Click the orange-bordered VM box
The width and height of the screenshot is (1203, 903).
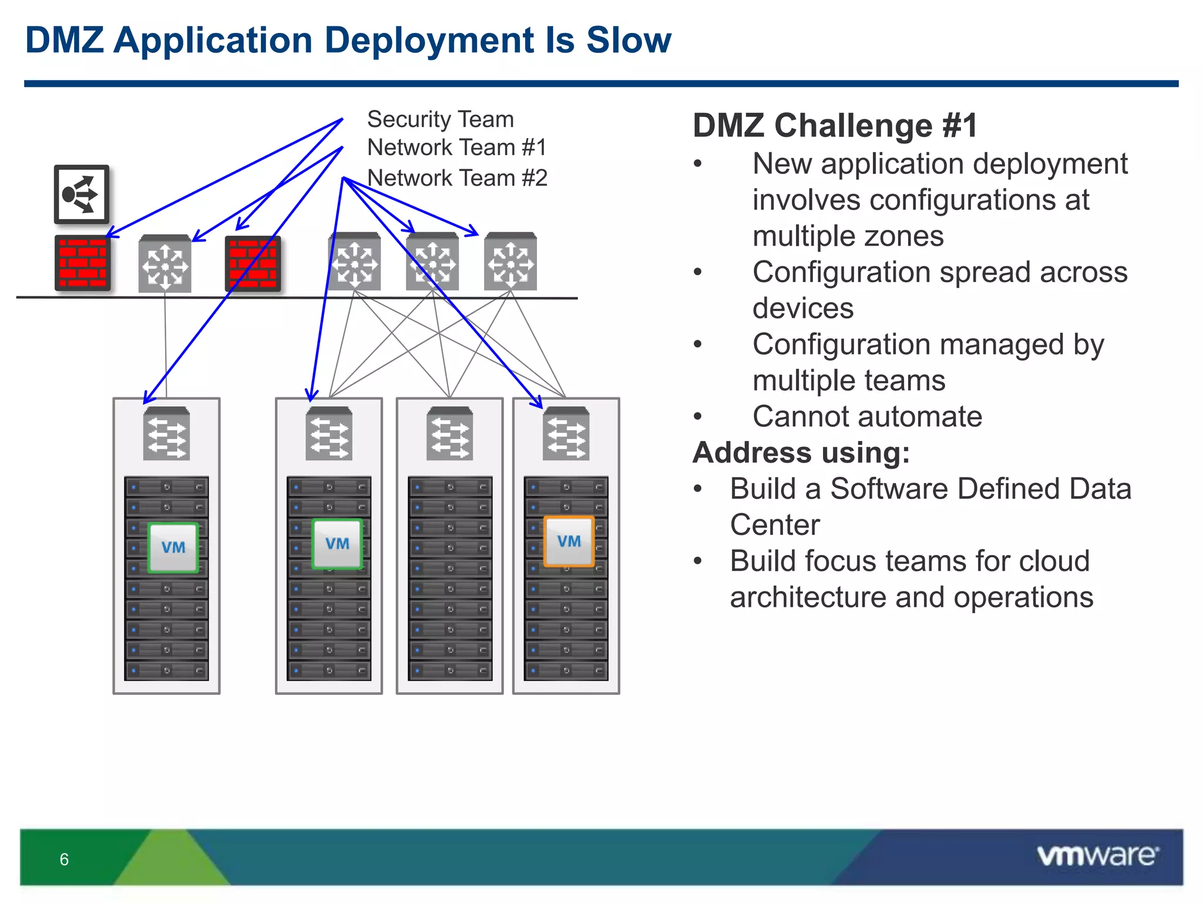click(569, 541)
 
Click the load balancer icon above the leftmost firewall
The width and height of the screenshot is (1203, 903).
click(82, 195)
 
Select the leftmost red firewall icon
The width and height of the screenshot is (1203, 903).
click(82, 263)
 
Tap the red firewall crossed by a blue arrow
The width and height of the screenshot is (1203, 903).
click(253, 263)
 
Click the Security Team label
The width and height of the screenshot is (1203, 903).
click(440, 119)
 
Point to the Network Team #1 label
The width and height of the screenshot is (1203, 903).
click(456, 148)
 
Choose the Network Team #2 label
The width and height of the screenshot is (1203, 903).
click(456, 178)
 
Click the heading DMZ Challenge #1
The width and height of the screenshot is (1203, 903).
click(835, 125)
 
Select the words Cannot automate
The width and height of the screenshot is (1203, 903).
click(867, 416)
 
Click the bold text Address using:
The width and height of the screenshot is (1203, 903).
click(801, 453)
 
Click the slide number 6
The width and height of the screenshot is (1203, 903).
click(64, 859)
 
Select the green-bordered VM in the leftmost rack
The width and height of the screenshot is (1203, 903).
click(173, 547)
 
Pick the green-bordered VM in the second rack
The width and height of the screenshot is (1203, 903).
click(337, 544)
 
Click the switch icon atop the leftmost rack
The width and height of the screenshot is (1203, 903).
click(166, 434)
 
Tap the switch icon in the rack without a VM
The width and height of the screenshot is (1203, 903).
click(450, 434)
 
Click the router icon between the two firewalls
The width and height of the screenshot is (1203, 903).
click(165, 264)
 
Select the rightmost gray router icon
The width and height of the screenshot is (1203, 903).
click(510, 262)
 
